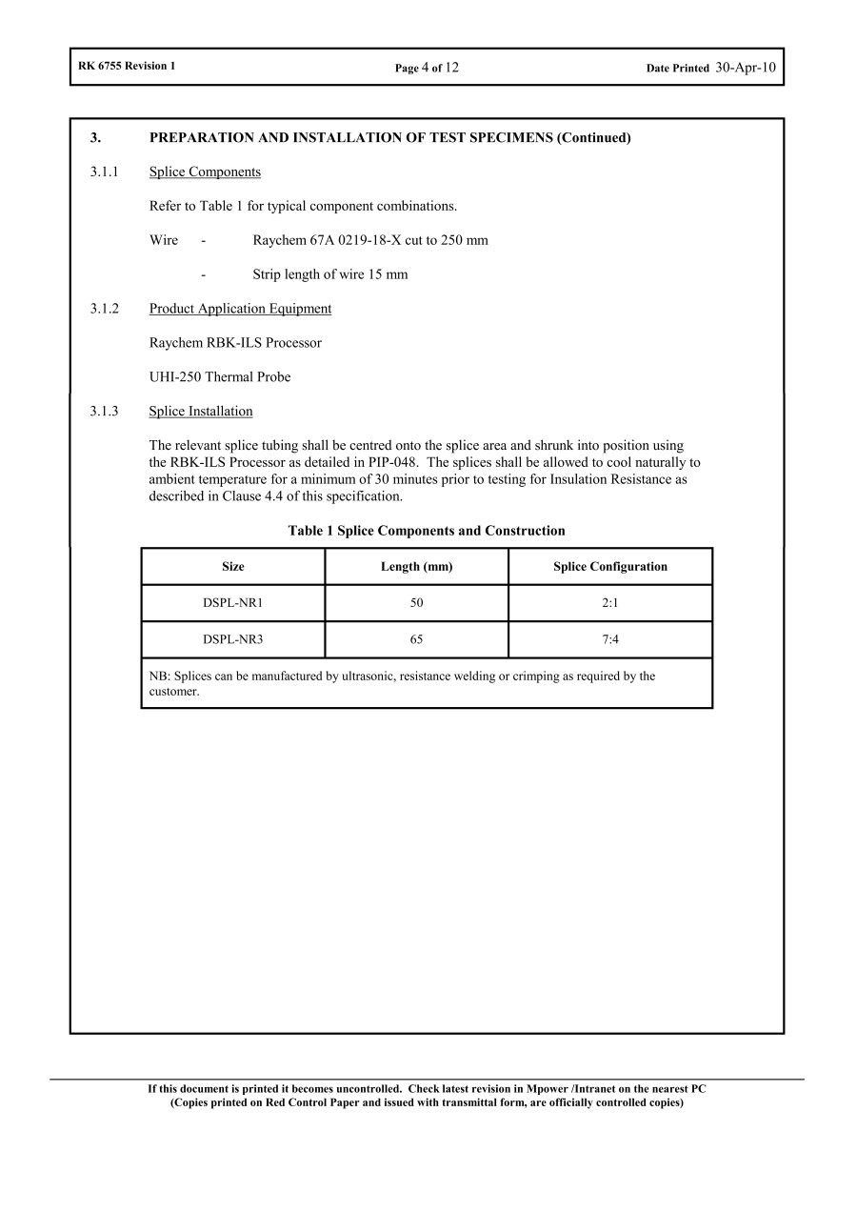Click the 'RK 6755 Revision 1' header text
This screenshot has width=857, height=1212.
pos(127,66)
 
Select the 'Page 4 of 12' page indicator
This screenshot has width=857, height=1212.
pos(427,68)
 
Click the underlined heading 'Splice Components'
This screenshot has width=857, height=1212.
pos(205,172)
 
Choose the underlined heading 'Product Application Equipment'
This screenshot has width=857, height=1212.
pos(240,309)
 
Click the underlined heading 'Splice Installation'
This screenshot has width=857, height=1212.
pos(201,412)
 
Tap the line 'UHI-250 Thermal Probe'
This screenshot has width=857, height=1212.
pos(220,377)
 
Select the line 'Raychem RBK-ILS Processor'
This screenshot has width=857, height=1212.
pos(235,343)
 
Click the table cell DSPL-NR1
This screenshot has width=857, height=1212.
pos(233,603)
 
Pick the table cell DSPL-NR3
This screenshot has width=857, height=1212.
pos(233,639)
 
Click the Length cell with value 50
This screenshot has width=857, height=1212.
pos(416,603)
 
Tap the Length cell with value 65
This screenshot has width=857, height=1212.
pos(416,639)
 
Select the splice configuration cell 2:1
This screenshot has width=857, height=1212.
pos(610,603)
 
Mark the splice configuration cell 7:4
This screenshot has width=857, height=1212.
pos(610,639)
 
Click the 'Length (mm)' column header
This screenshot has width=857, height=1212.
pos(416,566)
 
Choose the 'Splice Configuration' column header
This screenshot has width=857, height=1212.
pos(610,566)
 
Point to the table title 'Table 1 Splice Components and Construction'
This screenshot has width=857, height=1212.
pos(427,531)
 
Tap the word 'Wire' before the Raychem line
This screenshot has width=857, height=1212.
pos(164,240)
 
